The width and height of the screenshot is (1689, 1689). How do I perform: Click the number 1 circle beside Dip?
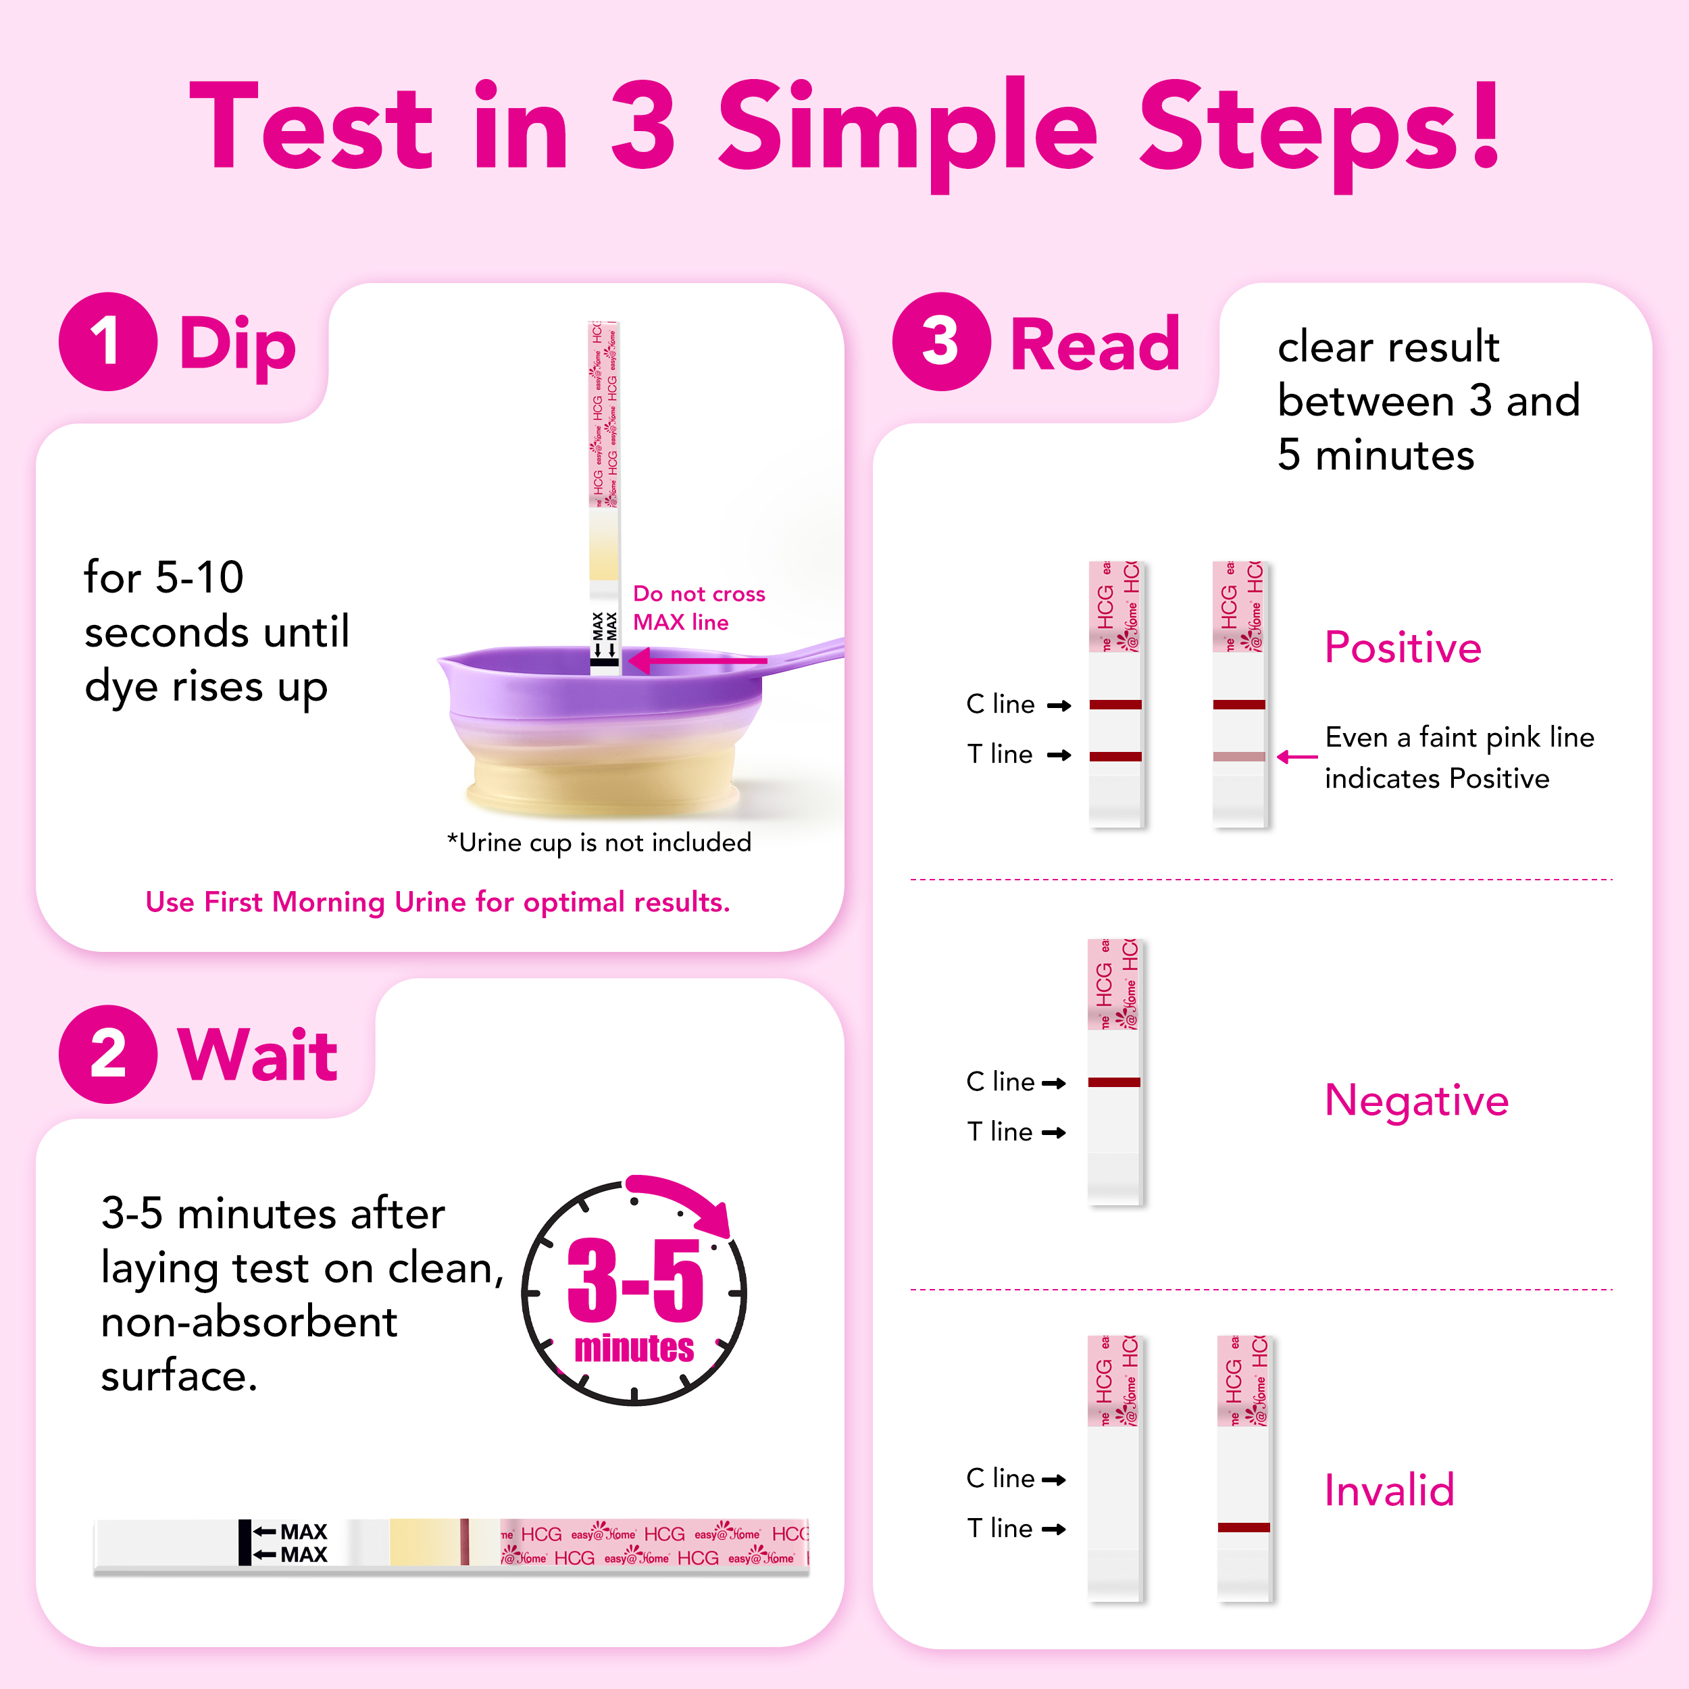(108, 341)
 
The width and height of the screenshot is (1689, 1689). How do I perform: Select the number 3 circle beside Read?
(942, 341)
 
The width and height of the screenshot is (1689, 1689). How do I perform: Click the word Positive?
(1403, 648)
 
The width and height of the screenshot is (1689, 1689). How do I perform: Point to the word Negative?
(1416, 1101)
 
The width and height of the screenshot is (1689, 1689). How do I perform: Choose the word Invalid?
(1389, 1490)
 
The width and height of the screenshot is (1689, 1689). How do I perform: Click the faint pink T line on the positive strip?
(1239, 756)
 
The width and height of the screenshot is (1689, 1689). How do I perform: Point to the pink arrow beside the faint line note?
(1296, 757)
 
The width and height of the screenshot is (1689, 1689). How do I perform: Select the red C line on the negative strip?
(1114, 1082)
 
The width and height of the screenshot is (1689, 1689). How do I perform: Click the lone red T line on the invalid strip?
(1243, 1528)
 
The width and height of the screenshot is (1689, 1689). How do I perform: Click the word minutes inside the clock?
(634, 1348)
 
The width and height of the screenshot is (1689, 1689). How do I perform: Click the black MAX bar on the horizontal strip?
(245, 1542)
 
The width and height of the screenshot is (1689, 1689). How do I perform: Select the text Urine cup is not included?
(605, 842)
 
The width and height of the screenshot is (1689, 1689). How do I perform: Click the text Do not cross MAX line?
(699, 607)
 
